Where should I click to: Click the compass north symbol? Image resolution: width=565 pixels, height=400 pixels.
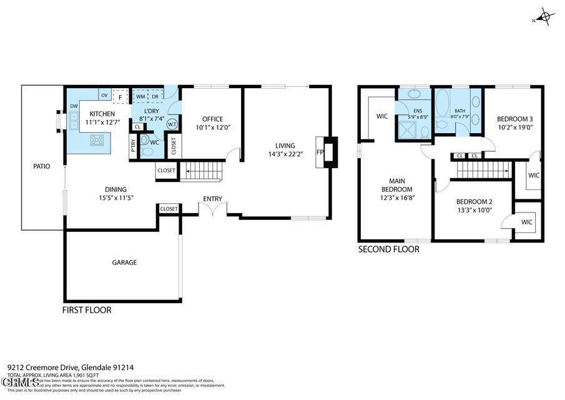pos(544,17)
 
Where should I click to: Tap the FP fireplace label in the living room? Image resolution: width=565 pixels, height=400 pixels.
pos(320,152)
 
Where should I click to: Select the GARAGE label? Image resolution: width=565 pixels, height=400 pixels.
pos(124,262)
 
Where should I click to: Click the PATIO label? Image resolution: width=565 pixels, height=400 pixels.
pos(41,166)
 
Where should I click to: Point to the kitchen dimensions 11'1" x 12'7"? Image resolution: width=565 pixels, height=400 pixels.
pos(102,122)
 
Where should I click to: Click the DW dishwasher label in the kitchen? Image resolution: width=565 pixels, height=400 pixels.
pos(74,106)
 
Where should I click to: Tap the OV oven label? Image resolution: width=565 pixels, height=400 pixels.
pos(104,96)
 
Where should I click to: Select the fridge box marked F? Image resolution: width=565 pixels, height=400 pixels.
pos(120,97)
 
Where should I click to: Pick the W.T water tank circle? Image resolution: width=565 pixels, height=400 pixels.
pos(172,124)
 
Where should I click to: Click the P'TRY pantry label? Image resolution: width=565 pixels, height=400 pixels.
pos(134,146)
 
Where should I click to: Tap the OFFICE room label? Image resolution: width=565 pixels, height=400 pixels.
pos(212,119)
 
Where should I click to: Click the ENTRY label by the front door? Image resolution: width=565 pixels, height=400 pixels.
pos(212,199)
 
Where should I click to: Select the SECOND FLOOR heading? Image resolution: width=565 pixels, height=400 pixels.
pos(388,249)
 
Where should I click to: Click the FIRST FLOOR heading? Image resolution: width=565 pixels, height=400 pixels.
pos(87,310)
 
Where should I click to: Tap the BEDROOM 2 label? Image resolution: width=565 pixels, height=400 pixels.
pos(474,201)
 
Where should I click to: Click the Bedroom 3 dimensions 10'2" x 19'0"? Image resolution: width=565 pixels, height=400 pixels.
pos(514,127)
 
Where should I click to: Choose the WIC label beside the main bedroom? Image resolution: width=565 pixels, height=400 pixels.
pos(382,116)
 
